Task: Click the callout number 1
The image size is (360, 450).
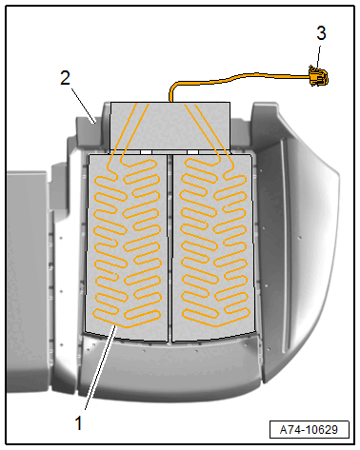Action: (x=78, y=422)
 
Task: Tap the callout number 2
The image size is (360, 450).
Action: (x=65, y=78)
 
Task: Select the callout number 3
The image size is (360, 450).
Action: (x=321, y=33)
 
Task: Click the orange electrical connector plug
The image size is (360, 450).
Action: (x=318, y=75)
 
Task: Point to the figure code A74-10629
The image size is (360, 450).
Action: (x=309, y=430)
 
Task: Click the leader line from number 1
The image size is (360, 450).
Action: (x=100, y=368)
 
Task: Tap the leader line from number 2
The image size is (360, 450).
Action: (x=83, y=105)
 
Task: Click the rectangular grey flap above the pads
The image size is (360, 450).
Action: (x=170, y=126)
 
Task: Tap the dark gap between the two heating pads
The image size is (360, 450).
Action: (x=170, y=248)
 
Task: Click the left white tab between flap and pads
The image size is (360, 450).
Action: (x=146, y=152)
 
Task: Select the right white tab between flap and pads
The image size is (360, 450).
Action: (x=192, y=152)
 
